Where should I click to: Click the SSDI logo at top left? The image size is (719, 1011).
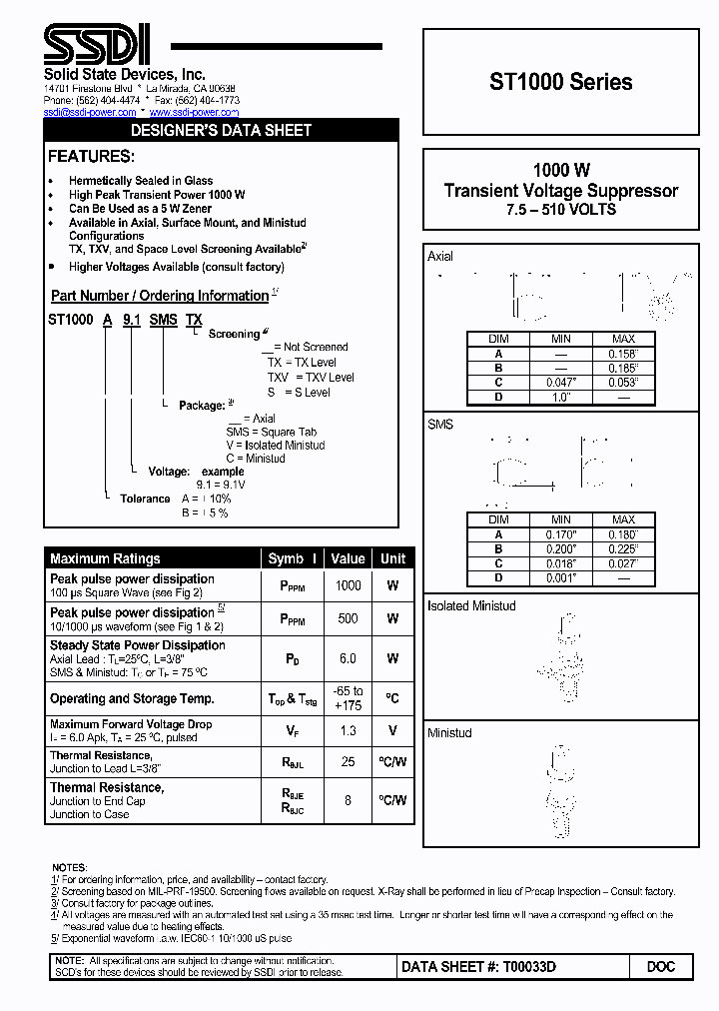point(97,45)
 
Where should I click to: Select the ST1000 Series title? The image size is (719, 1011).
point(560,83)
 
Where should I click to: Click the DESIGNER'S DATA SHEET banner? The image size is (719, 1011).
point(222,130)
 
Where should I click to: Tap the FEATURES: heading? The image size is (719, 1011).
point(90,157)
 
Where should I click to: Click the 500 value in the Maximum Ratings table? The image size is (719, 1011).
point(348,619)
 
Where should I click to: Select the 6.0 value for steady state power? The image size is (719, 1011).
point(348,658)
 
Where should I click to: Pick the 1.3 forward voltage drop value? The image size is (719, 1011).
point(348,731)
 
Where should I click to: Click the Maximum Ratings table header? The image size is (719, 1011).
point(105,558)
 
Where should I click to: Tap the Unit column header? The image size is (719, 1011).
point(393,558)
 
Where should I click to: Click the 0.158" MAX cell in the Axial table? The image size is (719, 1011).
point(623,354)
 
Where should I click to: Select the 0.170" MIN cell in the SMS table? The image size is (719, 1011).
point(561,534)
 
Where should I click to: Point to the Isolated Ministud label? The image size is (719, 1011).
point(470,606)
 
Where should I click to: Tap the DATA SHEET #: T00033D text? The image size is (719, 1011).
point(478,967)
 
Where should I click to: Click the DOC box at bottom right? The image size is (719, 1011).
point(661,967)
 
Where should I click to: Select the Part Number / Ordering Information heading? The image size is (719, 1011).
point(160,296)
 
